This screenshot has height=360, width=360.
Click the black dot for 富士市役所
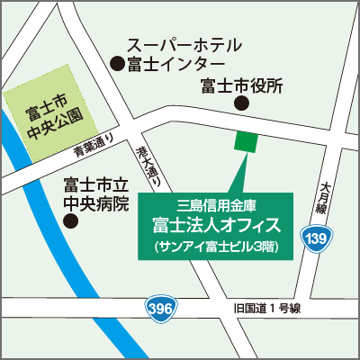(240, 104)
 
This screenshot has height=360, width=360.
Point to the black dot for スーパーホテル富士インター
(116, 63)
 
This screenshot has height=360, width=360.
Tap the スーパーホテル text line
(184, 45)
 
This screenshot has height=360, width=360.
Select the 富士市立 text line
(96, 185)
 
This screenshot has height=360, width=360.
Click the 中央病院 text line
(96, 204)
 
